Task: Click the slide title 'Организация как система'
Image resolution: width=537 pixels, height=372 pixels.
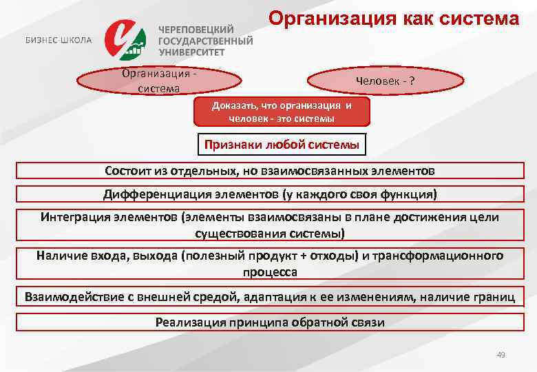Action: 393,18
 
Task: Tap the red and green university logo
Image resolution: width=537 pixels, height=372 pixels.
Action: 126,40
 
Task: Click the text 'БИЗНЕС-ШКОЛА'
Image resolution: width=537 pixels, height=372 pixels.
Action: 59,40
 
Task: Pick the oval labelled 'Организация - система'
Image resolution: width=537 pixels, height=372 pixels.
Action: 158,81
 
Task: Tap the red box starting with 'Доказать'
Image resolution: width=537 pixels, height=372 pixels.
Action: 282,112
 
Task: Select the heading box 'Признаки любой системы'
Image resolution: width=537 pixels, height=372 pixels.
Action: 281,145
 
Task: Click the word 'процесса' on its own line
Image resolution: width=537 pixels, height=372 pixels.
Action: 269,272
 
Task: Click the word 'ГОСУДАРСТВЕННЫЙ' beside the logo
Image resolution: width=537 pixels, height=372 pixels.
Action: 205,41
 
